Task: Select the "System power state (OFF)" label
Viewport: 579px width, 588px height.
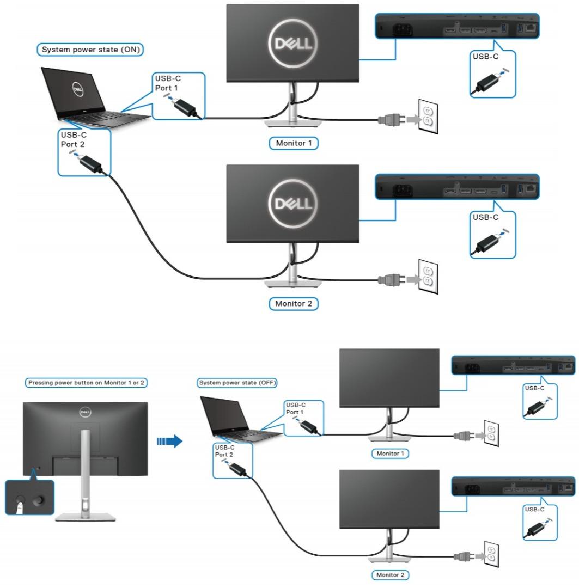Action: [x=237, y=383]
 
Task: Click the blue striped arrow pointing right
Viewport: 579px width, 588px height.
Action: [x=169, y=442]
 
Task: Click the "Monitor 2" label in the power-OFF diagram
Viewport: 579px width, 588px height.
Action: [x=391, y=575]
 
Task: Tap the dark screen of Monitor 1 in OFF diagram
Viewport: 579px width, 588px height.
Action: [x=389, y=377]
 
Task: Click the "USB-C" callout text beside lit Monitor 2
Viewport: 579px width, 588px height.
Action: [x=485, y=217]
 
